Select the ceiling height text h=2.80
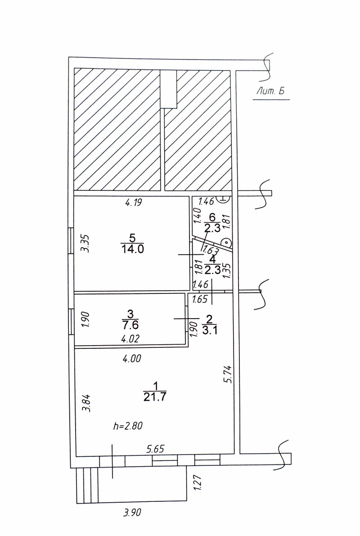(x=129, y=426)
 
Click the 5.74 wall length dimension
(x=227, y=374)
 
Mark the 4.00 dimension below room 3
(x=132, y=359)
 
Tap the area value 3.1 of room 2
(x=208, y=331)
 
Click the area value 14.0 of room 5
(x=132, y=250)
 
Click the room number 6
(x=212, y=218)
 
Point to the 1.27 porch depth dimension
(x=197, y=486)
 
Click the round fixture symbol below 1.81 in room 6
(x=227, y=243)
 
